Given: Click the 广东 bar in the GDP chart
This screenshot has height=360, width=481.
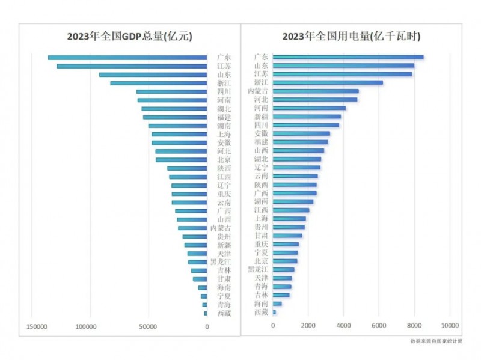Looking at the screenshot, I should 127,58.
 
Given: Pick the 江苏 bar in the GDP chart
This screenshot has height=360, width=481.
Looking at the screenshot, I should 132,66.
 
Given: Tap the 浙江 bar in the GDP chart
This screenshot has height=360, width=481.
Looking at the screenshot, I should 158,83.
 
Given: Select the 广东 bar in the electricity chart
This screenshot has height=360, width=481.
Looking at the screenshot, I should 348,57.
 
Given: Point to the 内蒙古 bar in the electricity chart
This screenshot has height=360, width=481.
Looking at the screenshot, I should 316,91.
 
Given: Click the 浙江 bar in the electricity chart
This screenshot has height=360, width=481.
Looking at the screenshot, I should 328,82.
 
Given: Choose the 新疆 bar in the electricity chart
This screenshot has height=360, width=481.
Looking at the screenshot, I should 307,117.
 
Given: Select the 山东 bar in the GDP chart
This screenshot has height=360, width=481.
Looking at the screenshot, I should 153,75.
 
